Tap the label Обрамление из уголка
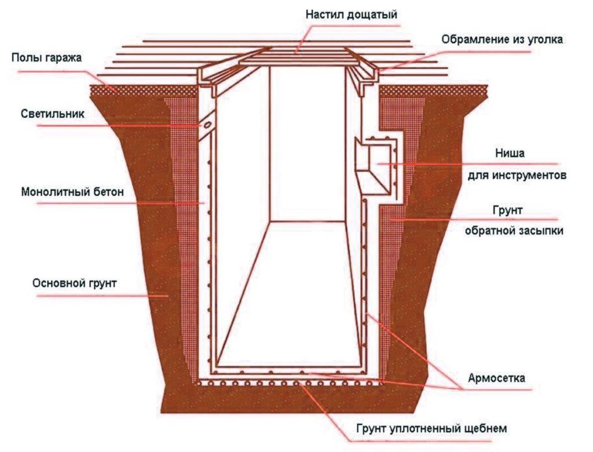tap(502, 40)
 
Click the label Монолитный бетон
tap(73, 192)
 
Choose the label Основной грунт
tap(75, 284)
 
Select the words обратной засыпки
tap(514, 230)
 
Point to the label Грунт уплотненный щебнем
tap(431, 429)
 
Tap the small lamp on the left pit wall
tap(205, 125)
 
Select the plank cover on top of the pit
tap(295, 56)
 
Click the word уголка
tap(542, 40)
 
